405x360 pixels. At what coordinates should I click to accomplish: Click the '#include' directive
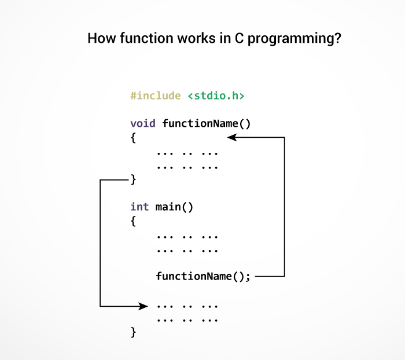(x=155, y=96)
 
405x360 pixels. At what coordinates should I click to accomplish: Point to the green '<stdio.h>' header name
(x=216, y=96)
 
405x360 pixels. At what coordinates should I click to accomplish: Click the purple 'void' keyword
(x=143, y=123)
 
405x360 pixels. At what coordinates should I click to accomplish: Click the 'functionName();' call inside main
(x=203, y=277)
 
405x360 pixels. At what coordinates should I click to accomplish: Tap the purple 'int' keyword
(x=139, y=207)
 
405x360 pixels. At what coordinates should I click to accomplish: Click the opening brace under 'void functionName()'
(x=133, y=138)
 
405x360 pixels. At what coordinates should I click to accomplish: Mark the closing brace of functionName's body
(x=133, y=180)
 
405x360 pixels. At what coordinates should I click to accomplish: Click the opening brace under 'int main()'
(x=133, y=221)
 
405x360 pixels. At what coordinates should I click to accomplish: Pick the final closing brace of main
(x=133, y=332)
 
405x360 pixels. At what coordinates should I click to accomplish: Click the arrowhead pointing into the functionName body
(x=232, y=137)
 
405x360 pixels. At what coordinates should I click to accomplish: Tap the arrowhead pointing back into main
(x=145, y=306)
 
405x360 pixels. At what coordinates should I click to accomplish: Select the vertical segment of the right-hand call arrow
(x=285, y=207)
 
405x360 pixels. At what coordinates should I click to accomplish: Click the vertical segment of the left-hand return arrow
(x=100, y=243)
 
